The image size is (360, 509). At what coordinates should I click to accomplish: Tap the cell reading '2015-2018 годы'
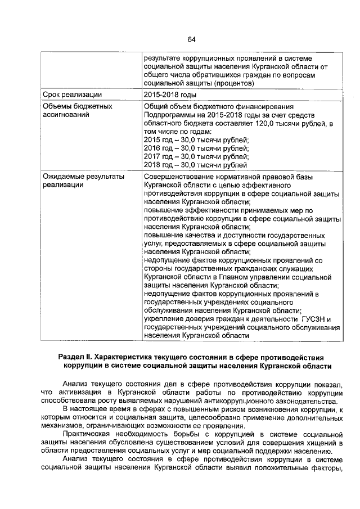(170, 94)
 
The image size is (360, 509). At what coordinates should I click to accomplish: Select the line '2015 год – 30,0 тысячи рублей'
(196, 139)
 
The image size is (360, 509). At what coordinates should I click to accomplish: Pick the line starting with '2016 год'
(196, 148)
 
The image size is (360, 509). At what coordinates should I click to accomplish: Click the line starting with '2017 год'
(196, 157)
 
